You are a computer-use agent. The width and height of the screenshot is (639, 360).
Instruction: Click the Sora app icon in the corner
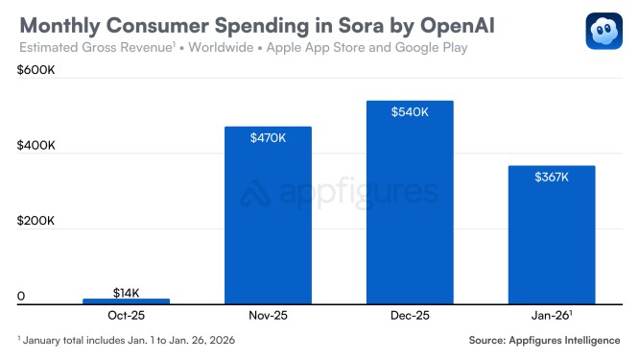[x=604, y=29]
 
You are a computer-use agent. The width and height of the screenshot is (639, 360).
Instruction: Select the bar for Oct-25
[x=126, y=301]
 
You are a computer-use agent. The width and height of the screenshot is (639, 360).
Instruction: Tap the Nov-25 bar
[x=268, y=215]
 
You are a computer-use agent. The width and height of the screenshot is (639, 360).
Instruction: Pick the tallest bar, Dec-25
[x=409, y=203]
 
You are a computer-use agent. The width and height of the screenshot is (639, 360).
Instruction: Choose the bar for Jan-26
[x=551, y=235]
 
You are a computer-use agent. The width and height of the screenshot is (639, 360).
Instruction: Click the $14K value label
[x=126, y=291]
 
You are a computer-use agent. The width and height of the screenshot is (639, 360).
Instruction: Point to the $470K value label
[x=268, y=138]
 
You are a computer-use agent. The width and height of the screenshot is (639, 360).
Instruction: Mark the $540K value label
[x=409, y=112]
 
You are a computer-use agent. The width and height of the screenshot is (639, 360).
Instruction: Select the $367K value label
[x=551, y=177]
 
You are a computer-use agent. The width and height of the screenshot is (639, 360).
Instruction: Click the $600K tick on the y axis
[x=35, y=71]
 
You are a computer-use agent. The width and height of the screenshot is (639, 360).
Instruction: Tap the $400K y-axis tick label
[x=35, y=146]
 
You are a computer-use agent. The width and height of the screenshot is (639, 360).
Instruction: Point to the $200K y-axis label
[x=35, y=222]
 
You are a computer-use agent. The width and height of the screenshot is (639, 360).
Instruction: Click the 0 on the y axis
[x=20, y=298]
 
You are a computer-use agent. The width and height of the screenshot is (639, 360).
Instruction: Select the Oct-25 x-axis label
[x=126, y=315]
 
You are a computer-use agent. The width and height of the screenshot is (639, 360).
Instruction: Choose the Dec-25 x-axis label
[x=409, y=315]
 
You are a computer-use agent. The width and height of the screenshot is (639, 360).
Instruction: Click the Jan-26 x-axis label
[x=551, y=315]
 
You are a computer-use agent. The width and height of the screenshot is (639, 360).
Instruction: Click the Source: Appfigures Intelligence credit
[x=544, y=341]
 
